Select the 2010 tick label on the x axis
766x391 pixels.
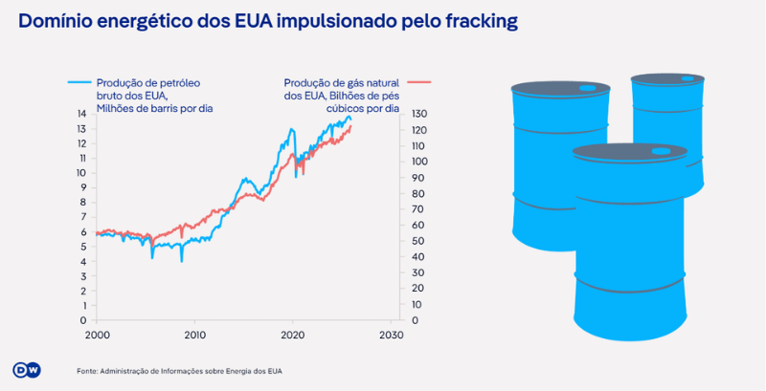point(194,336)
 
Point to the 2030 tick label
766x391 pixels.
point(390,336)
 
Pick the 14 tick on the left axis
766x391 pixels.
point(82,114)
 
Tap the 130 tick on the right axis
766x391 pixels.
point(419,114)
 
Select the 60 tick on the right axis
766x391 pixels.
point(417,225)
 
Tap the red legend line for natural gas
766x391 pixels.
point(418,82)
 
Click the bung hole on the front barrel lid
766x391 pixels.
point(662,150)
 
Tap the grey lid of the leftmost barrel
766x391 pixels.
point(560,88)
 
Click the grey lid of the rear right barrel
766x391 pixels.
point(668,79)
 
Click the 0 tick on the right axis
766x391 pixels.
point(414,320)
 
